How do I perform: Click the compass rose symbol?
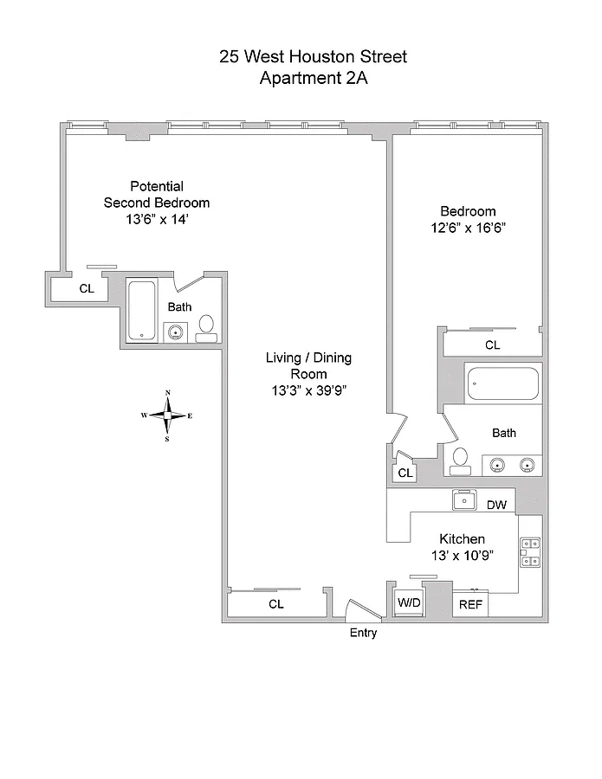(167, 415)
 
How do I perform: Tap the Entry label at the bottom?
(364, 633)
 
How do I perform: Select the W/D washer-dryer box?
(409, 603)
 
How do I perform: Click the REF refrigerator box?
(470, 604)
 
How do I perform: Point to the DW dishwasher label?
(496, 505)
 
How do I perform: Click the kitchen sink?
(465, 500)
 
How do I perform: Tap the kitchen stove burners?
(530, 552)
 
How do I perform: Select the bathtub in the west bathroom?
(142, 311)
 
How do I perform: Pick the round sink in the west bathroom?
(176, 332)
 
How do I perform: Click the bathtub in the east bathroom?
(503, 383)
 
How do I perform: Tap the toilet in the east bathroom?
(460, 461)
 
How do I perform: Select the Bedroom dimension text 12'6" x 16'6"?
(469, 228)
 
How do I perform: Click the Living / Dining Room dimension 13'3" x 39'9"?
(308, 391)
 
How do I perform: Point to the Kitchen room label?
(463, 539)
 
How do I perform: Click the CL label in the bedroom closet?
(493, 344)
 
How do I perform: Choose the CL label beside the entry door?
(276, 603)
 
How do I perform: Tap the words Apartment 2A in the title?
(314, 78)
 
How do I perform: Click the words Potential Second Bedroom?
(157, 195)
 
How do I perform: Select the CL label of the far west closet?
(87, 288)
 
